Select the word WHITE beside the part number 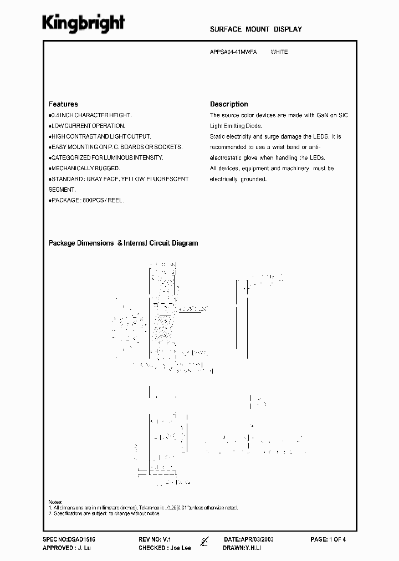[279, 52]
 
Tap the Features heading [63, 104]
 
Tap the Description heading [229, 104]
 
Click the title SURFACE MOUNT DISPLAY [256, 29]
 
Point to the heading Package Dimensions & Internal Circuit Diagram [123, 243]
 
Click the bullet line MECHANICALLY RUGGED [84, 168]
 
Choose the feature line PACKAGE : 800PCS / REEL [86, 200]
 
